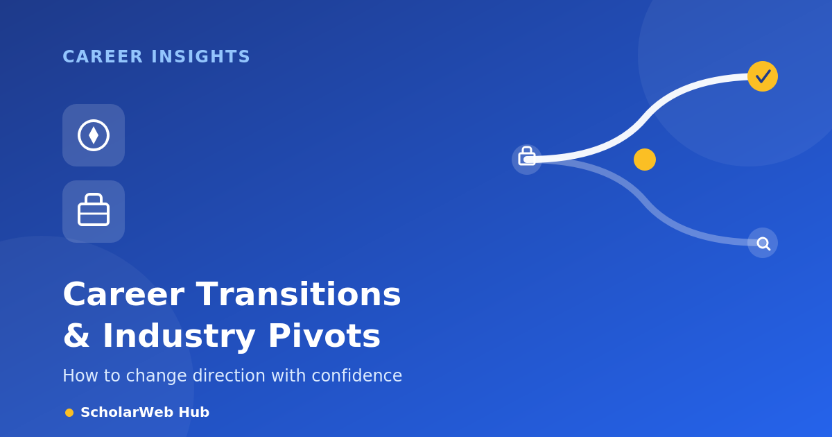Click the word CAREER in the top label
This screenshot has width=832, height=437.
coord(103,57)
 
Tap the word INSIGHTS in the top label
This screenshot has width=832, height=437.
coord(200,57)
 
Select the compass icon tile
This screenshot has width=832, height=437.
coord(94,135)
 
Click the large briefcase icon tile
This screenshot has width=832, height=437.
coord(94,212)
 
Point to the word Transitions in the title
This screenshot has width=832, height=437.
coord(298,294)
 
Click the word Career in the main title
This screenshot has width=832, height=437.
coord(123,294)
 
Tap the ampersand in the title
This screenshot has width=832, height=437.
coord(76,336)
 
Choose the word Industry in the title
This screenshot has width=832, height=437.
coord(179,336)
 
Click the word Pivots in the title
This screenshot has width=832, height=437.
coord(324,336)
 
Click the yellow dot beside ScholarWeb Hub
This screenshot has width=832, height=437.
coord(69,413)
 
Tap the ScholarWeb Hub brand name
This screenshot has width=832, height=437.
coord(145,412)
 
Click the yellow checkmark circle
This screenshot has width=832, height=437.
coord(763,76)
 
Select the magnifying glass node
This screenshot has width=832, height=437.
coord(763,243)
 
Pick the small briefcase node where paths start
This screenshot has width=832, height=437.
coord(527,160)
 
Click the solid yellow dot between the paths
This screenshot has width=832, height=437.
coord(645,160)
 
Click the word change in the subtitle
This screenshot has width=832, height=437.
coord(156,376)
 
